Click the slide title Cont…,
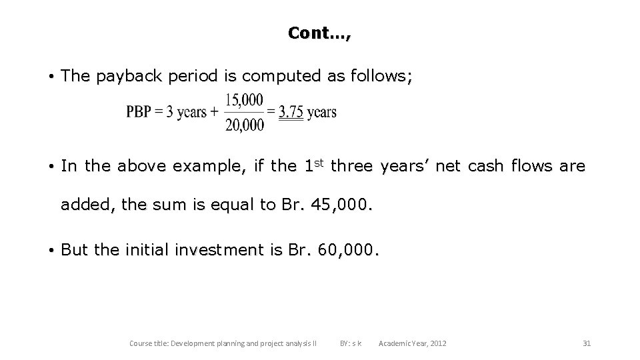319,33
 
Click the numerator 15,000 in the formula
245,100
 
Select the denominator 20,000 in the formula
245,125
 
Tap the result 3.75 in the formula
291,112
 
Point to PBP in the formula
139,112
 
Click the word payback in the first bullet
126,77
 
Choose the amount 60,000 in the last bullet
349,250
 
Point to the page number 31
587,343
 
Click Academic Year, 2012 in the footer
413,343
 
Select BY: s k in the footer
351,343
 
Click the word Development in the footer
194,343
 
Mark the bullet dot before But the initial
51,251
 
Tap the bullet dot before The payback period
51,77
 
